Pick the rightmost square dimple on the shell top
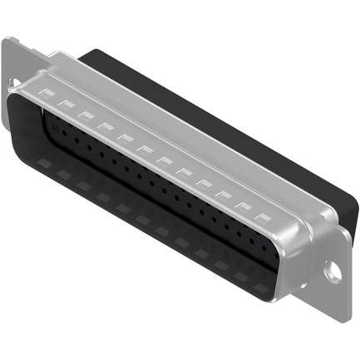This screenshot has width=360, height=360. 264,215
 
